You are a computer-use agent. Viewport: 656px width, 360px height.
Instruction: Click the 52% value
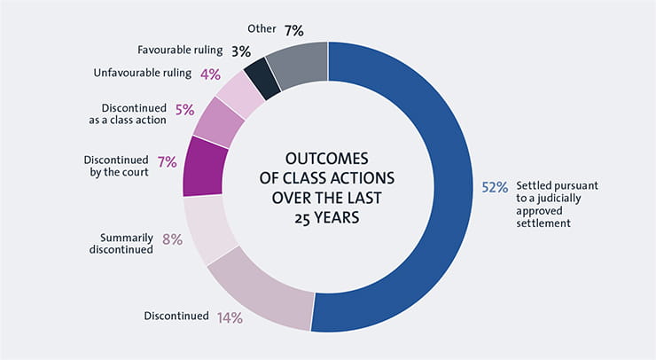click(494, 187)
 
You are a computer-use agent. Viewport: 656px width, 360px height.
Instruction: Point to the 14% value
click(230, 317)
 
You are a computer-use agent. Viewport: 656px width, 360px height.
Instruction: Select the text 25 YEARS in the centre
click(327, 215)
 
